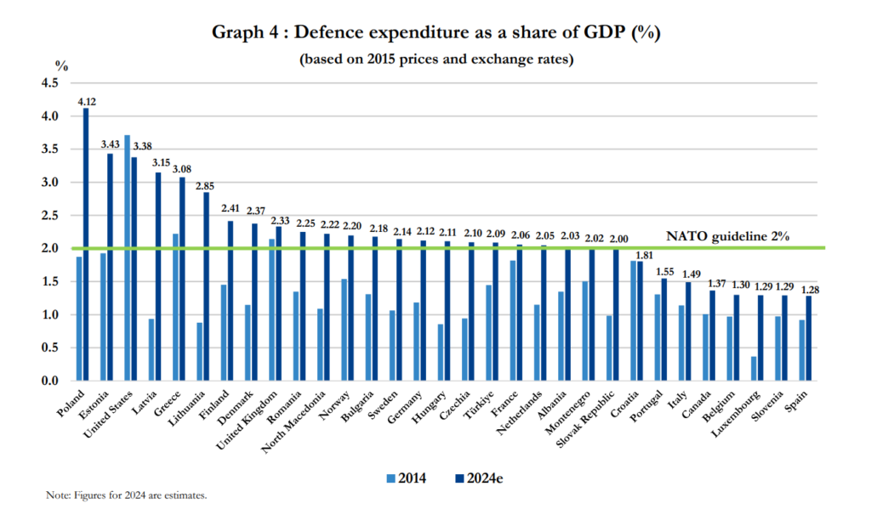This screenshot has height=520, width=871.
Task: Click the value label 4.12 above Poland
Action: pos(86,101)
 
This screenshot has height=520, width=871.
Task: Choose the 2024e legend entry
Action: pos(481,478)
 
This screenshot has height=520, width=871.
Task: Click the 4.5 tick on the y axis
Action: pos(48,82)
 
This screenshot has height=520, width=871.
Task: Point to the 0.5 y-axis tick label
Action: pos(48,348)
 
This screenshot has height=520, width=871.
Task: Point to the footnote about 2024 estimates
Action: pos(127,495)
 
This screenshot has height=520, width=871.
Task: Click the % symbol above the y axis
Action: pos(60,65)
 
